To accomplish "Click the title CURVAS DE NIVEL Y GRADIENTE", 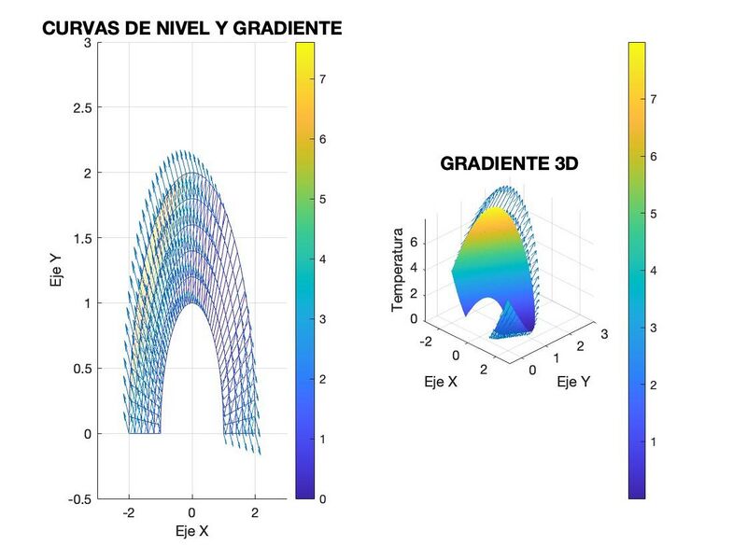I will tap(192, 29).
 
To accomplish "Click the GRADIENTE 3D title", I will tap(509, 164).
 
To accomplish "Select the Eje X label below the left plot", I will tap(191, 531).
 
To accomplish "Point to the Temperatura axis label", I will tap(398, 269).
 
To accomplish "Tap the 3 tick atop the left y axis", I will tap(87, 43).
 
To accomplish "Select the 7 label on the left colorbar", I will tap(321, 79).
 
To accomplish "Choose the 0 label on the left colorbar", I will tap(321, 498).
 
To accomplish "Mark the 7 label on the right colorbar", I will tap(654, 99).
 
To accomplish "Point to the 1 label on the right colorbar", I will tap(654, 441).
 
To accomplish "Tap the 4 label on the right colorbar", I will tap(654, 271).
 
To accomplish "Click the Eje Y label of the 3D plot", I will tap(573, 382).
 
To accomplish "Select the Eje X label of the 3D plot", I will tap(441, 381).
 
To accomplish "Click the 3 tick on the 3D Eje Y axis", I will tap(604, 334).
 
